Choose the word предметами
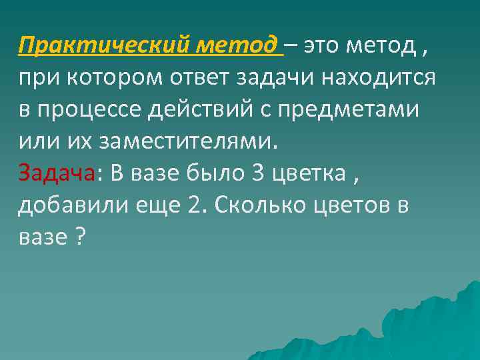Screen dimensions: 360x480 pos(363,109)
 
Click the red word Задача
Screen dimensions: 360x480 pos(57,173)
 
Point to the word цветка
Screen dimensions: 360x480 pos(309,173)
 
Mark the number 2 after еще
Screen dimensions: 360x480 pos(193,205)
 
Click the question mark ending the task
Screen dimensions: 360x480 pos(81,237)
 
